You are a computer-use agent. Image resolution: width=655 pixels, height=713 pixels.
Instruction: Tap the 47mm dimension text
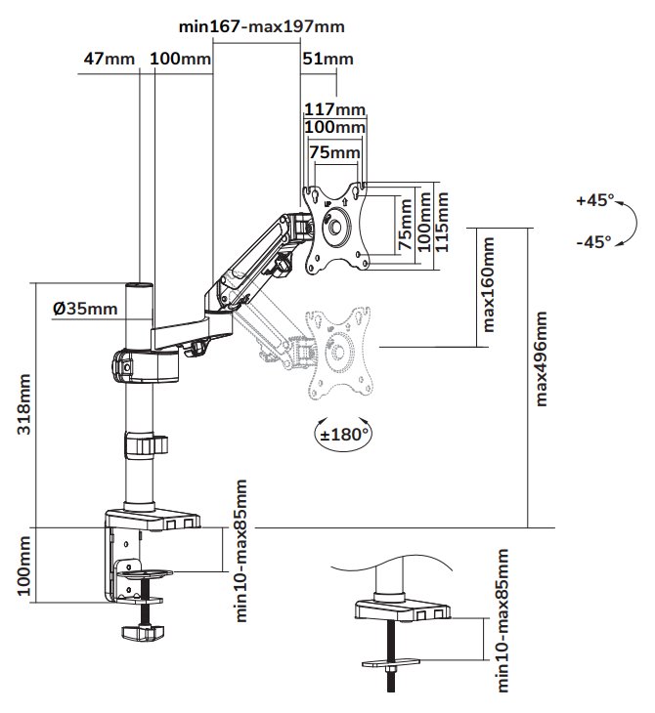pos(109,60)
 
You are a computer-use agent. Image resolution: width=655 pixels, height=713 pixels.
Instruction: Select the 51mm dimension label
pos(328,60)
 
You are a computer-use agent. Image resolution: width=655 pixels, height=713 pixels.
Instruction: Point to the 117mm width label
pos(334,108)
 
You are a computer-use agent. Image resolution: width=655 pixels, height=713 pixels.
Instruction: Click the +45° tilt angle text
pos(594,200)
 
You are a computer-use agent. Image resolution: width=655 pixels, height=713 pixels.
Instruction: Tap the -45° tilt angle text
pos(593,241)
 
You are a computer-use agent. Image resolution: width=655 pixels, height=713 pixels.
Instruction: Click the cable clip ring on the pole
pos(144,444)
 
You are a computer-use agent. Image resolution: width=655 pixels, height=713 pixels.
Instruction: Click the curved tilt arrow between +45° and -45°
pos(622,222)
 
